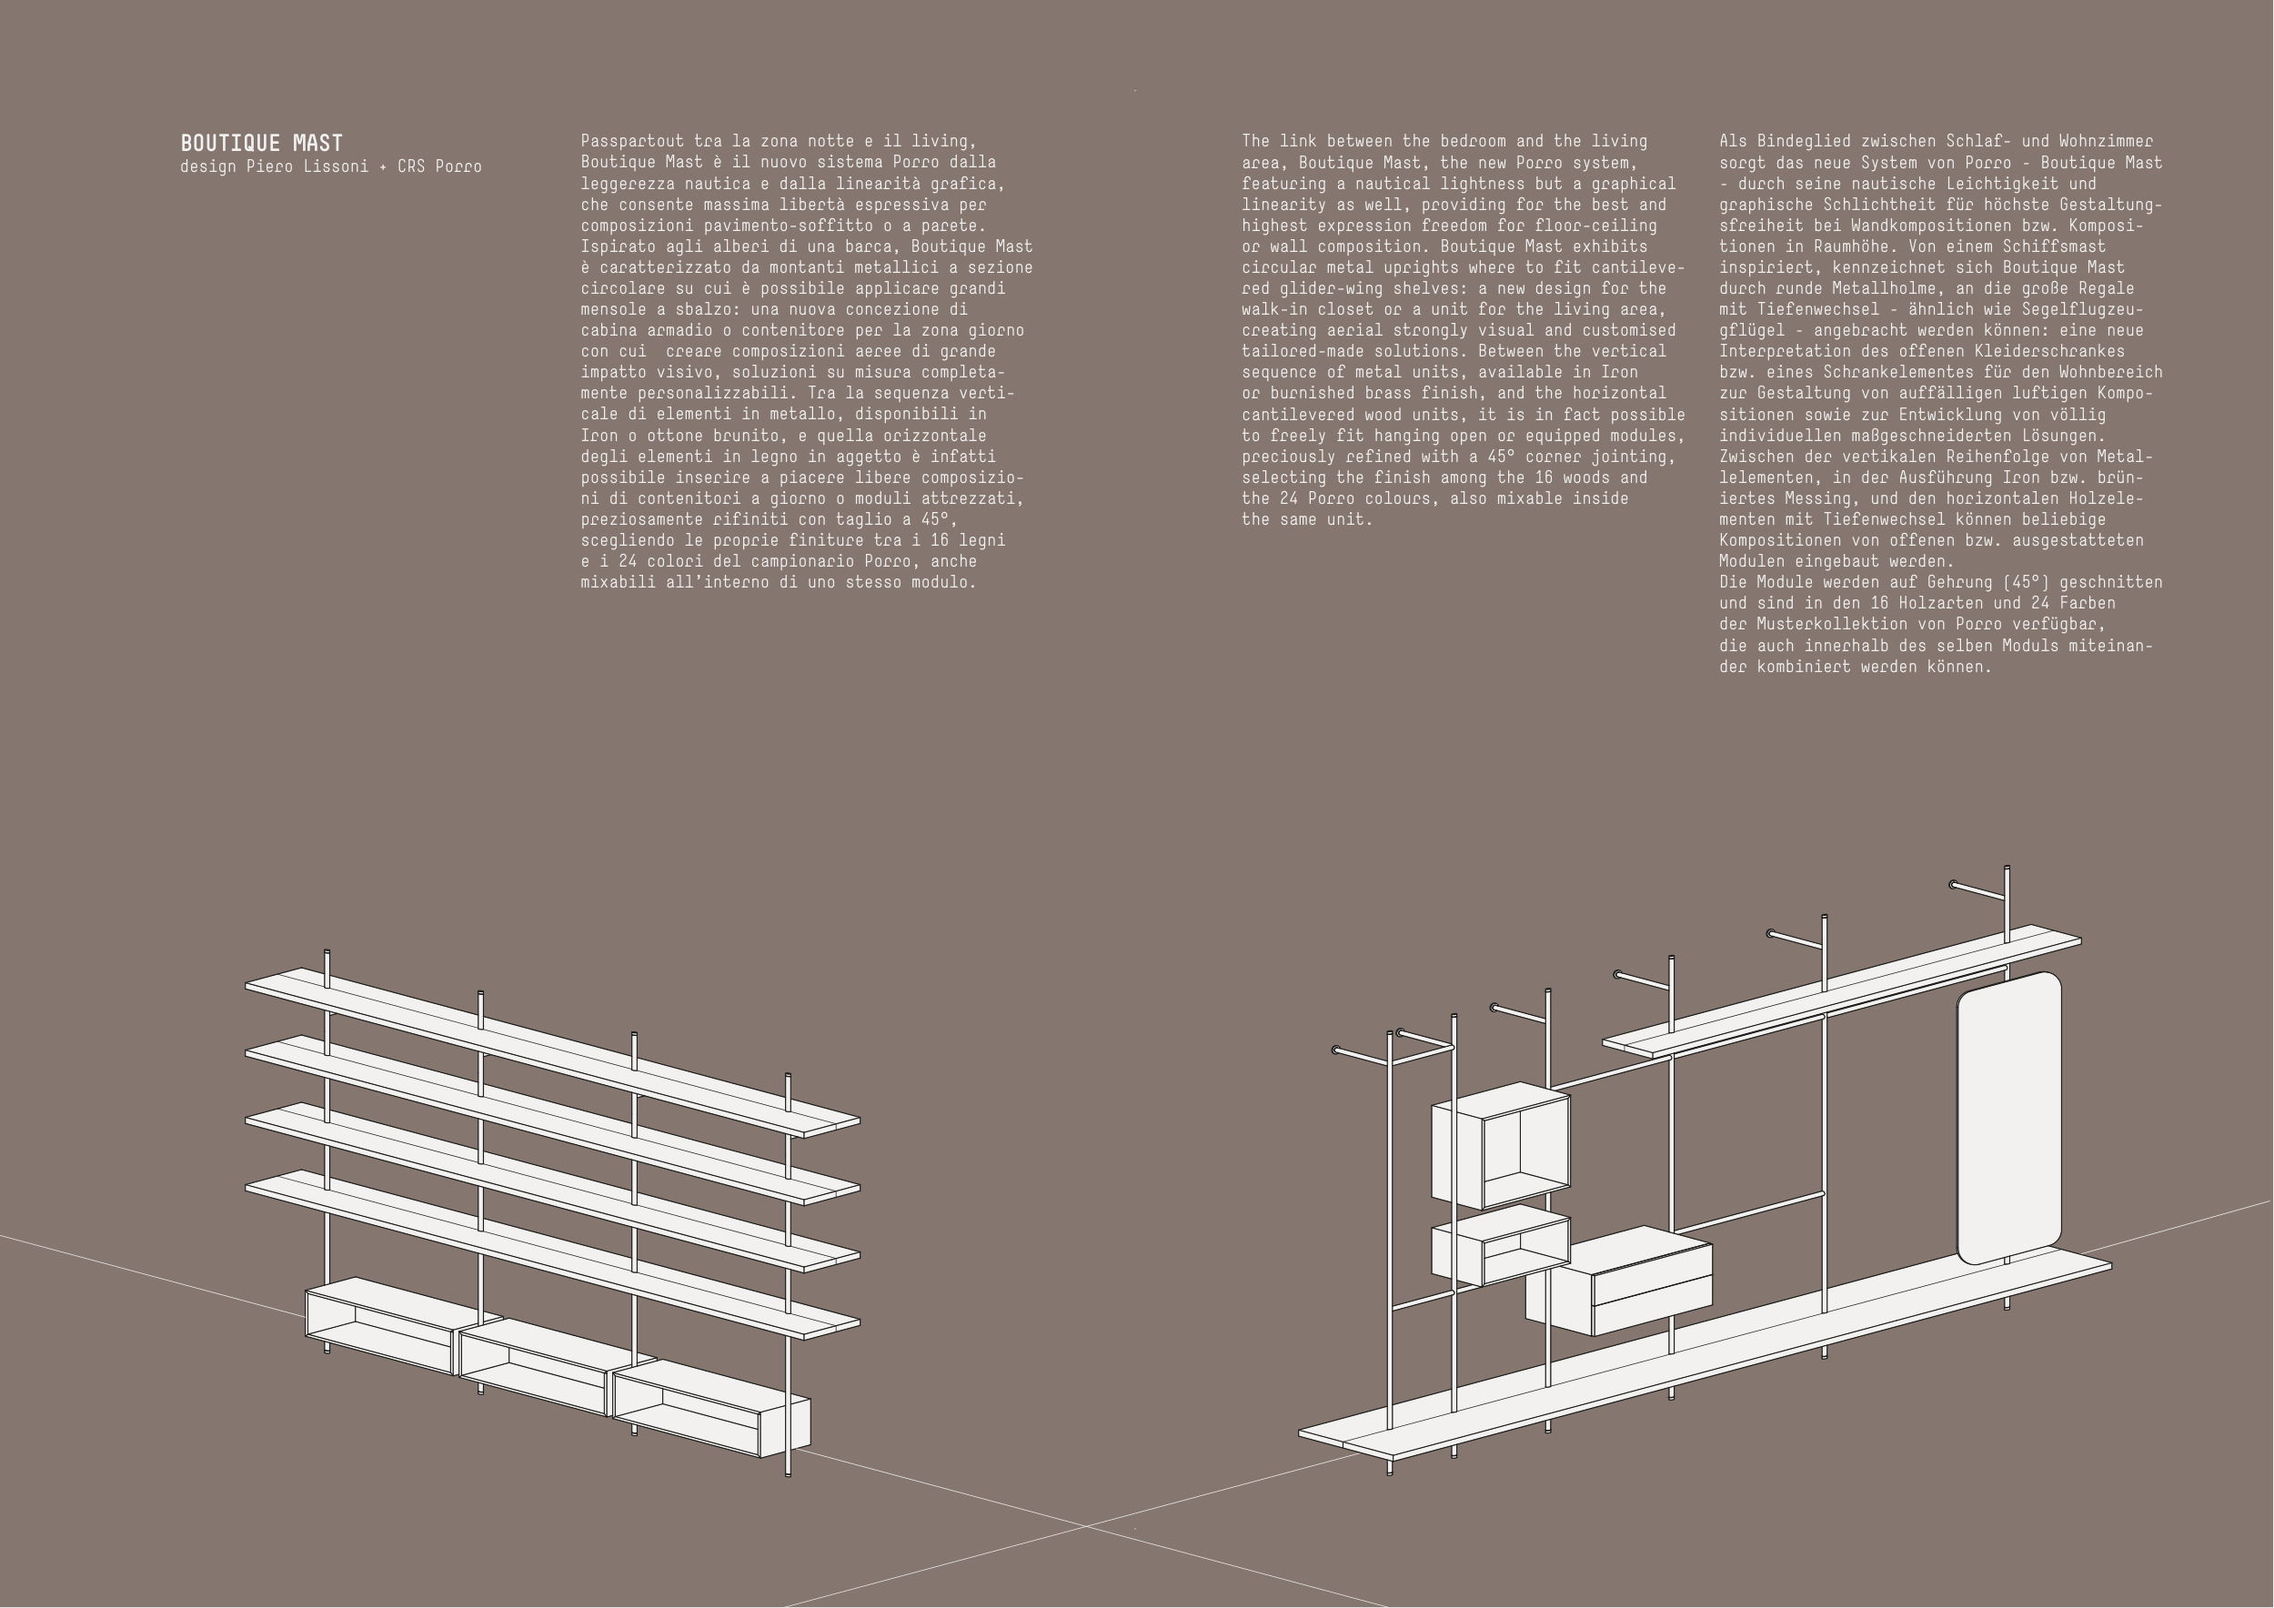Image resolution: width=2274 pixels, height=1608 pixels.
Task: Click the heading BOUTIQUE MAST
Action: [261, 144]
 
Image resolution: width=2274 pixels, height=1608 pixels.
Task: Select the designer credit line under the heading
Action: [331, 166]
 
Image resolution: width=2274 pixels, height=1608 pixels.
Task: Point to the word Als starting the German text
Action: [1733, 142]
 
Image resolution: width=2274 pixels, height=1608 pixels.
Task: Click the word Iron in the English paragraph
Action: [1619, 372]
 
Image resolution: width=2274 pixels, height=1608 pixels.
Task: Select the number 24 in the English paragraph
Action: [1289, 499]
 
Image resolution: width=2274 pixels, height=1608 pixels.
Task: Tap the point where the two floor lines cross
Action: [1085, 1526]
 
